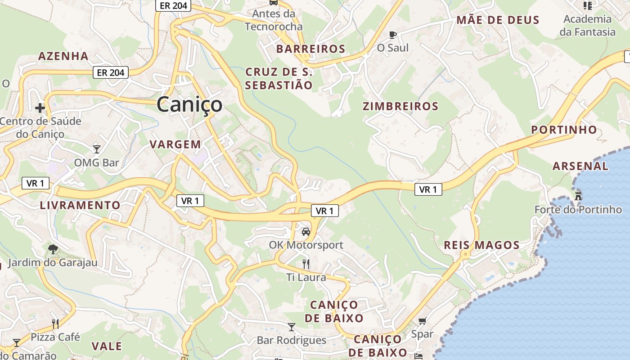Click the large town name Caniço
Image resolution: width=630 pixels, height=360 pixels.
tap(189, 104)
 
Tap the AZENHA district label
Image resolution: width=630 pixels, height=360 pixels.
tap(63, 56)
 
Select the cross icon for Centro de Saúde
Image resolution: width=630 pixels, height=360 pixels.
tap(40, 108)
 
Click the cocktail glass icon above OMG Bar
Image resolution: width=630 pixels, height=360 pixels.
tap(97, 149)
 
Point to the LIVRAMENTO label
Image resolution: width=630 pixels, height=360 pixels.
tap(80, 206)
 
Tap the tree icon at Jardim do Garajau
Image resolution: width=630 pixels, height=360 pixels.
tap(53, 249)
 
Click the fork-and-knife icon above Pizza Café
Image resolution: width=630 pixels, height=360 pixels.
tap(55, 324)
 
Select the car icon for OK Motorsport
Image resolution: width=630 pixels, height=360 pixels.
tap(306, 232)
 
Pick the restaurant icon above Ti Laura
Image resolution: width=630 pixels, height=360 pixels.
tap(306, 264)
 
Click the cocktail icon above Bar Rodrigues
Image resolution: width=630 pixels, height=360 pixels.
tap(292, 327)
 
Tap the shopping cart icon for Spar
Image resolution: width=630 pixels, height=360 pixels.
tap(422, 321)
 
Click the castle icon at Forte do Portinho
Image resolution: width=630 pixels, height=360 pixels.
tap(578, 196)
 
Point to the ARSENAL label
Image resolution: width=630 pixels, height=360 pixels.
tap(580, 166)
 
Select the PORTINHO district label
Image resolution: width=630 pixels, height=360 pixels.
tap(564, 130)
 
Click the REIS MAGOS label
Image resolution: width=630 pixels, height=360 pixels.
tap(481, 245)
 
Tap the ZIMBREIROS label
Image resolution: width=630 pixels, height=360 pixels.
tap(400, 107)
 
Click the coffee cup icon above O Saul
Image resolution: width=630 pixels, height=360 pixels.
tap(393, 34)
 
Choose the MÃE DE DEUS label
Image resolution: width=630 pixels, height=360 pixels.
tap(498, 20)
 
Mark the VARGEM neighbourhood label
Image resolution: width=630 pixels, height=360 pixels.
tap(175, 144)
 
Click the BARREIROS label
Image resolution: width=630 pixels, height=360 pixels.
tap(310, 49)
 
